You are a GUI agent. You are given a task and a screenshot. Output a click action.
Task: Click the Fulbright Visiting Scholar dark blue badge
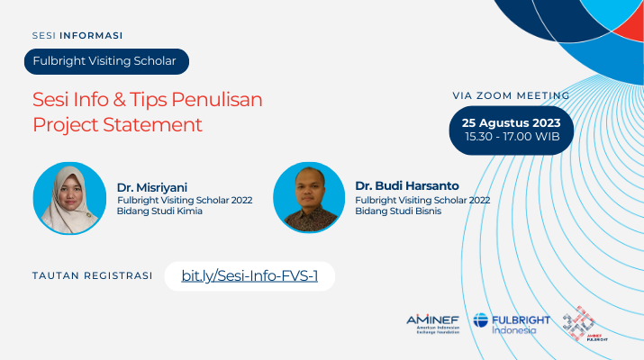pos(107,61)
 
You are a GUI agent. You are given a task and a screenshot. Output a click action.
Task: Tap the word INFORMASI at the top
pos(91,36)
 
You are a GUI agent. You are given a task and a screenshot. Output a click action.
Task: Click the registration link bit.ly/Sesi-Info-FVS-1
pos(249,276)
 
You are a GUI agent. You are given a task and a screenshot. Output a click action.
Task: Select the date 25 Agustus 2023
pos(511,122)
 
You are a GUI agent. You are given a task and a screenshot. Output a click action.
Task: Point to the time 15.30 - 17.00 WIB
pos(512,137)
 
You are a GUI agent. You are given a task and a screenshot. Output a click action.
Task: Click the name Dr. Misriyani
pos(152,187)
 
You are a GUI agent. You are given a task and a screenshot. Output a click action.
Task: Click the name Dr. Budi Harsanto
pos(407,186)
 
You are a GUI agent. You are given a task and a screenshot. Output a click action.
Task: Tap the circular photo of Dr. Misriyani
pos(69,198)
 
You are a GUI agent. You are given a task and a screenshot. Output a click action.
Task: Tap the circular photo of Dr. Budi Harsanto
pos(309,197)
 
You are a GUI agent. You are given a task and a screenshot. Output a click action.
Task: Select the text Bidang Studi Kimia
pos(159,211)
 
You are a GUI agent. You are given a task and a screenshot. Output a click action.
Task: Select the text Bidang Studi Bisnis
pos(398,211)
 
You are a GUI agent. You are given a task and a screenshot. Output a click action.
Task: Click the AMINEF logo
pos(432,324)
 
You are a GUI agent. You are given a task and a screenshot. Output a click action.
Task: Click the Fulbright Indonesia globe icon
pos(481,320)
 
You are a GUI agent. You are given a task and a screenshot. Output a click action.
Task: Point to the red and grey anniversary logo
pos(585,323)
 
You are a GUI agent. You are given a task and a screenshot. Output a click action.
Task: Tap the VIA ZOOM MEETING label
pos(511,95)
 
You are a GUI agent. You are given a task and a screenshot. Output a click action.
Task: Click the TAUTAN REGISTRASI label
pos(93,275)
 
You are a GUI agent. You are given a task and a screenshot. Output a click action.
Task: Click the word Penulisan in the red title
pos(217,100)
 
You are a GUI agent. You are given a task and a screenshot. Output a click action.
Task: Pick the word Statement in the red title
pos(152,125)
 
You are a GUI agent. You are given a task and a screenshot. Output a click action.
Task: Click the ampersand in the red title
pos(119,100)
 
